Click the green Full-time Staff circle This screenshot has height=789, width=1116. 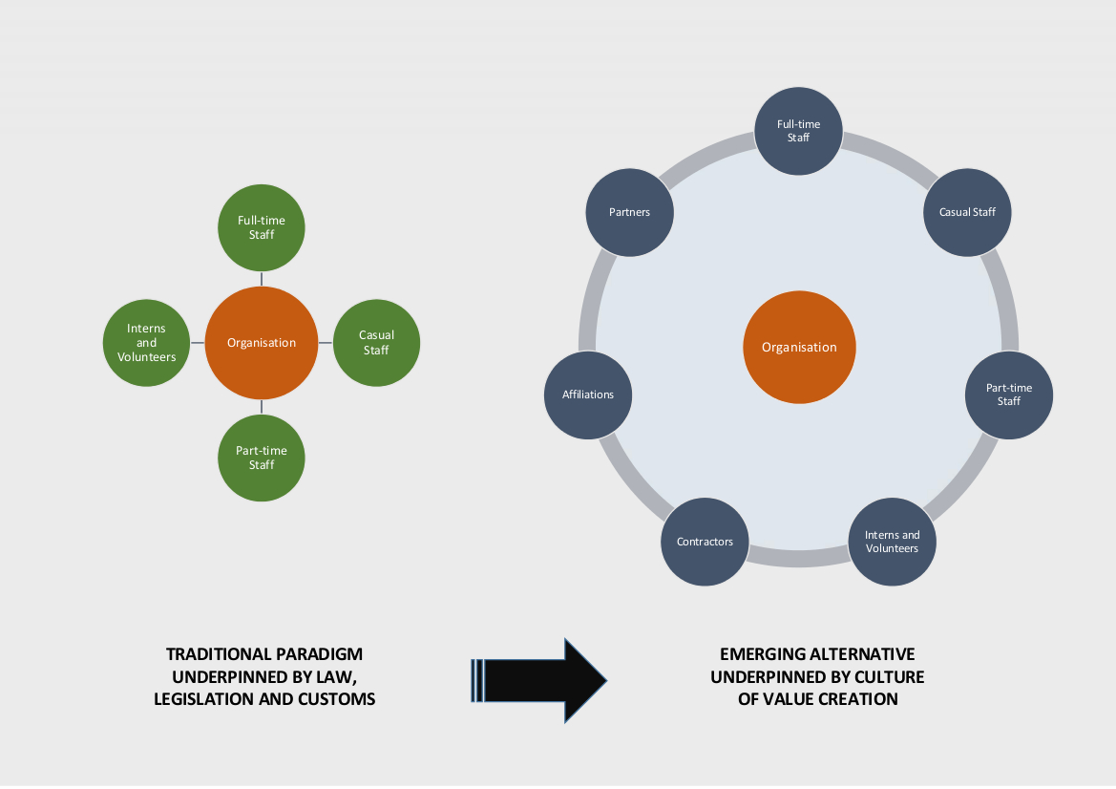click(262, 227)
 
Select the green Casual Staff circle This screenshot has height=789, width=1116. click(376, 343)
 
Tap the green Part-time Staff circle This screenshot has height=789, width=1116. click(262, 458)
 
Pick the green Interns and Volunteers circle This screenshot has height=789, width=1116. click(146, 343)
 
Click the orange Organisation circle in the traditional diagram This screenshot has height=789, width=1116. click(262, 343)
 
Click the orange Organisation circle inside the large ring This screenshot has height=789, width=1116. click(799, 347)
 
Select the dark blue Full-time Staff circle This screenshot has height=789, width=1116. click(798, 132)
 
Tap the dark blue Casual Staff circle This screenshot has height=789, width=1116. click(968, 212)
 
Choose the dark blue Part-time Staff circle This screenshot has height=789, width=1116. click(1009, 395)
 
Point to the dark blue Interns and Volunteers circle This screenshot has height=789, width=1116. click(892, 542)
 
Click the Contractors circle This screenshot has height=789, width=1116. click(705, 542)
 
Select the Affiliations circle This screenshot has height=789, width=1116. click(588, 394)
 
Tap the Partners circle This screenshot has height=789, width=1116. click(629, 212)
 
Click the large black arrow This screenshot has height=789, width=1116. click(539, 679)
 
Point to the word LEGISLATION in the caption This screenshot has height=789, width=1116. click(199, 699)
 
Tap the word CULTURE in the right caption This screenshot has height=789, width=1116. click(892, 676)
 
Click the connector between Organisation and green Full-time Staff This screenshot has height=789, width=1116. click(262, 278)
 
